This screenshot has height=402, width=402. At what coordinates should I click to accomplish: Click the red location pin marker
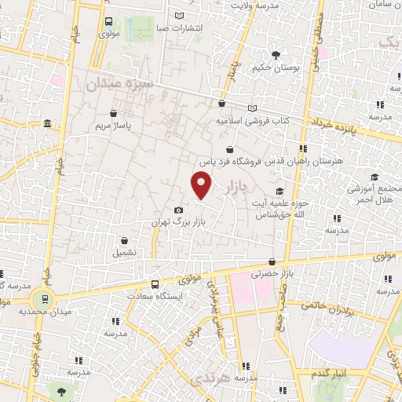202,185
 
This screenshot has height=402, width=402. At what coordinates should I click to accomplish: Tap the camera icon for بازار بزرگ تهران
179,210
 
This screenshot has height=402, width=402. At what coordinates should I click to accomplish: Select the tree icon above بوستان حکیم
276,54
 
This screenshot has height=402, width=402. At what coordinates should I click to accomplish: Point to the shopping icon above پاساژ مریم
115,112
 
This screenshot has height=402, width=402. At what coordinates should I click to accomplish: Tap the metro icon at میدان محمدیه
46,298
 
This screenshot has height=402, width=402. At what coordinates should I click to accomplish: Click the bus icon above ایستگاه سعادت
155,284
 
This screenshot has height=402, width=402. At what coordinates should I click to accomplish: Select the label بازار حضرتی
271,274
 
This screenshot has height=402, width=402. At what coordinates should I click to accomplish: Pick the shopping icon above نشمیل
124,240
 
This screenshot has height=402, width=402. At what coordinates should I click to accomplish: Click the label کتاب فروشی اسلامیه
253,121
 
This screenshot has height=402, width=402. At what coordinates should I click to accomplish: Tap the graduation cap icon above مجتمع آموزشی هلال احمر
375,177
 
